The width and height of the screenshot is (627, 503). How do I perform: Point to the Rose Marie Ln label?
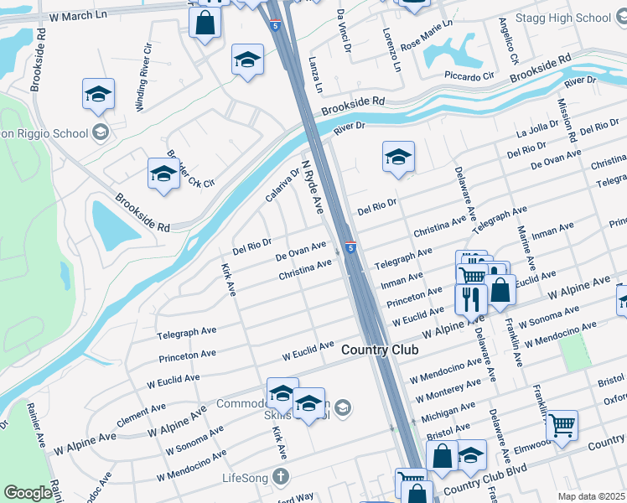pyautogui.click(x=426, y=34)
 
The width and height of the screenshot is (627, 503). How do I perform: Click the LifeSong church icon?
pyautogui.click(x=281, y=476)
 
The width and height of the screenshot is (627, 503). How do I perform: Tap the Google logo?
pyautogui.click(x=28, y=493)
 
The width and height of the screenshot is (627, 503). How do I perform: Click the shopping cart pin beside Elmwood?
pyautogui.click(x=561, y=425)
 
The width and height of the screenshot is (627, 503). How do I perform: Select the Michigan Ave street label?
pyautogui.click(x=446, y=412)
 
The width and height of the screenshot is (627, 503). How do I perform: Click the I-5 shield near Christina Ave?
pyautogui.click(x=350, y=248)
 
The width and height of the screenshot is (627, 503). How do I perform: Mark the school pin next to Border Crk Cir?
pyautogui.click(x=163, y=174)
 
